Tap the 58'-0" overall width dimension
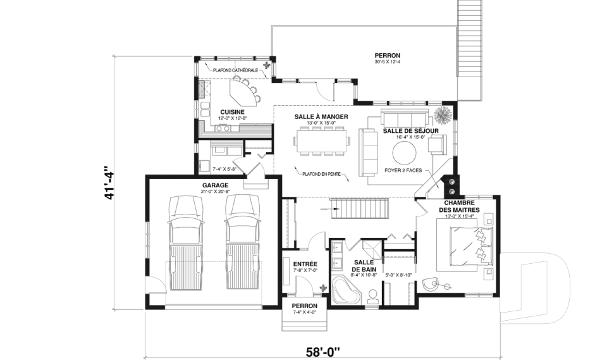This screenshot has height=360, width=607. [x=323, y=352]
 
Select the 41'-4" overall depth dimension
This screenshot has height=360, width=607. [x=109, y=183]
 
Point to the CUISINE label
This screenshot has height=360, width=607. [x=232, y=112]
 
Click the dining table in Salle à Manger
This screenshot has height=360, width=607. [x=321, y=141]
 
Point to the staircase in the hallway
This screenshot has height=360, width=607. [x=359, y=209]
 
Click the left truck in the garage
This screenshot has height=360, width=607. [x=186, y=242]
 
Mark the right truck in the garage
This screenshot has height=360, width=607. [x=242, y=242]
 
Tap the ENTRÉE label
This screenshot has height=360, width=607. [x=305, y=264]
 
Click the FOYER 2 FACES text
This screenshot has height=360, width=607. [x=403, y=170]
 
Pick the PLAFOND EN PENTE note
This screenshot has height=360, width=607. [x=321, y=174]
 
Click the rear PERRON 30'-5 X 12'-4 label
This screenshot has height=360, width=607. [x=387, y=58]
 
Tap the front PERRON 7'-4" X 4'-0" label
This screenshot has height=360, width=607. [x=305, y=309]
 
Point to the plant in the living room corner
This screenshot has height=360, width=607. [x=443, y=115]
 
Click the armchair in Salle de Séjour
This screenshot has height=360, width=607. [x=438, y=144]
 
